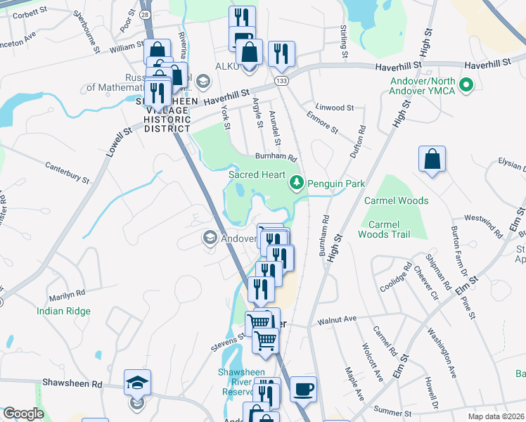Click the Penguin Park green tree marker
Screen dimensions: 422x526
tap(297, 184)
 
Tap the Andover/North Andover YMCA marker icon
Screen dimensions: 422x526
tap(465, 86)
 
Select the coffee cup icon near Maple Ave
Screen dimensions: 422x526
tap(303, 389)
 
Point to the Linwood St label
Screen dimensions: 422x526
tap(335, 108)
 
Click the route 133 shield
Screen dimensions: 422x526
tap(282, 82)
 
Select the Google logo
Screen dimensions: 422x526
tap(23, 414)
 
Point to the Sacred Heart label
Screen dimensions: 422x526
tap(257, 174)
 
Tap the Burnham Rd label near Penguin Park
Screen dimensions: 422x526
tap(277, 158)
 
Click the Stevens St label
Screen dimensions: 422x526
tap(229, 344)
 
